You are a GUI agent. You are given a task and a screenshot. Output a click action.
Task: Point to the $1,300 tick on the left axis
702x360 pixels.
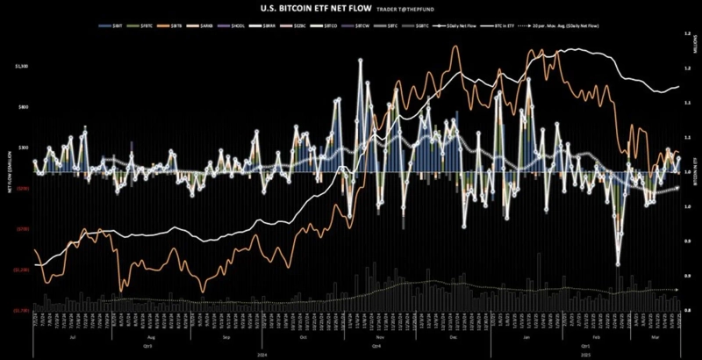tap(22, 67)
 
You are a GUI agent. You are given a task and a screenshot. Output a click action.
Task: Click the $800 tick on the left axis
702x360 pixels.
tap(23, 107)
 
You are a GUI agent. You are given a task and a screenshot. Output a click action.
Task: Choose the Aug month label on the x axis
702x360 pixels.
tap(151, 337)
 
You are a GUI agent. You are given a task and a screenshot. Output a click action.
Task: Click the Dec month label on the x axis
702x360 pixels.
tap(453, 337)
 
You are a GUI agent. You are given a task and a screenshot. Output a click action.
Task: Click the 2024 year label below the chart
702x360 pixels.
tap(263, 353)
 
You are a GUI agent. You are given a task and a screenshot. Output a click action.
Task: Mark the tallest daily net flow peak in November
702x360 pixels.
tap(360, 61)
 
